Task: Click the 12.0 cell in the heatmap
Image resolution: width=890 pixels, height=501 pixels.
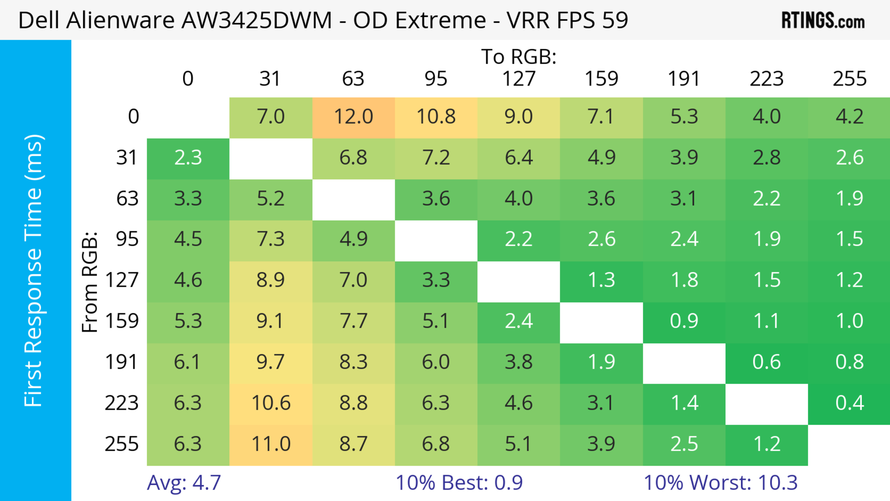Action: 353,117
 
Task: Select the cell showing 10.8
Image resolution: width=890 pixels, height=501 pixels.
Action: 436,117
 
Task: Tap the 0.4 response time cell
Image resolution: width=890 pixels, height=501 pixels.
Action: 849,403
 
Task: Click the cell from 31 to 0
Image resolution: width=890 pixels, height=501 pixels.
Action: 188,158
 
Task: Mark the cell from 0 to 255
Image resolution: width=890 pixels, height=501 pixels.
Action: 849,117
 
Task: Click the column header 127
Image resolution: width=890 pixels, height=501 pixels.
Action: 519,79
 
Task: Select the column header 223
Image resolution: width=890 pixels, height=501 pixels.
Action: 767,79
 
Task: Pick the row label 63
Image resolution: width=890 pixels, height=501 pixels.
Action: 127,199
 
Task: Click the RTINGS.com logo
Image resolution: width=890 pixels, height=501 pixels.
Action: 823,20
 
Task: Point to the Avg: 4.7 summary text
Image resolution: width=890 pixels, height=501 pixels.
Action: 184,483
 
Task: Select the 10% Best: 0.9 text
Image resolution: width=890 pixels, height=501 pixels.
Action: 459,483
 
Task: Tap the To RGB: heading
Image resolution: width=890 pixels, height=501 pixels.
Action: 519,57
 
